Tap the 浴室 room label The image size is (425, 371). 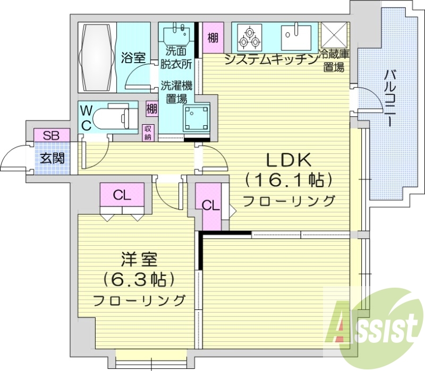tap(133, 58)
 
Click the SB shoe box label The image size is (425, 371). tap(52, 135)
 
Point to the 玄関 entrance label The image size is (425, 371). tap(52, 158)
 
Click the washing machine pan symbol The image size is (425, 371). tap(196, 118)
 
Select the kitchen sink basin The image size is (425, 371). tap(296, 37)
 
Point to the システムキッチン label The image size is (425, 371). tap(271, 59)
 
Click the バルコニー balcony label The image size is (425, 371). tap(391, 98)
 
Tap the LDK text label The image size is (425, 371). tap(288, 161)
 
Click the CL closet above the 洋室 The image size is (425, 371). tap(122, 195)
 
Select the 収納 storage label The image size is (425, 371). tap(149, 133)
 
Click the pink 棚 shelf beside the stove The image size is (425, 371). tap(213, 38)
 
